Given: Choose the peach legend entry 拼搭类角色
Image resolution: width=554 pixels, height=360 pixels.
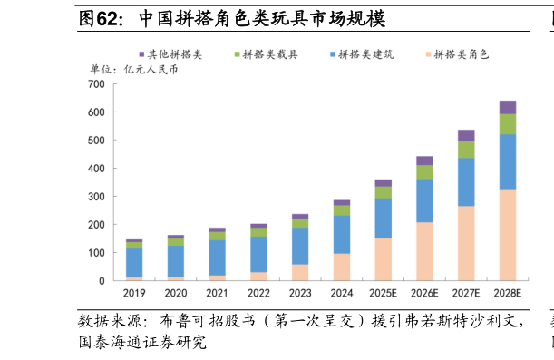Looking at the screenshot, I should click(461, 54).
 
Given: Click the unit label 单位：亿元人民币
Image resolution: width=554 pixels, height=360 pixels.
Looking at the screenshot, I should click(133, 70).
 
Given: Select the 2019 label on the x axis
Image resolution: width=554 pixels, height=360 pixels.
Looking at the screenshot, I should click(134, 293).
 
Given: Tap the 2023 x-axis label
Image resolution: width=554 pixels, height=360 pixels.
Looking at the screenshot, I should click(300, 293).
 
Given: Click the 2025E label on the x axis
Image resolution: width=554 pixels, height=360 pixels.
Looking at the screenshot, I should click(383, 293).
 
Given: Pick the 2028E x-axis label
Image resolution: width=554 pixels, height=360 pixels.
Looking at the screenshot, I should click(508, 293).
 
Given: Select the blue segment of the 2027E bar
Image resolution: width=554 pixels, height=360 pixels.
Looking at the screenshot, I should click(466, 182).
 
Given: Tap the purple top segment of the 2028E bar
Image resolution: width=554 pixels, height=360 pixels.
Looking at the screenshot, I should click(508, 107).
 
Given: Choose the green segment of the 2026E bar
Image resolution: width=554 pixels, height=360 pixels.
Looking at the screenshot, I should click(424, 172).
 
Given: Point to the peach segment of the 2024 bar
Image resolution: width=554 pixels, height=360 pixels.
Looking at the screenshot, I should click(342, 267).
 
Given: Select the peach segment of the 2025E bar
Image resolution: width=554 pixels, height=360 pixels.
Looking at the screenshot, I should click(383, 259).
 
